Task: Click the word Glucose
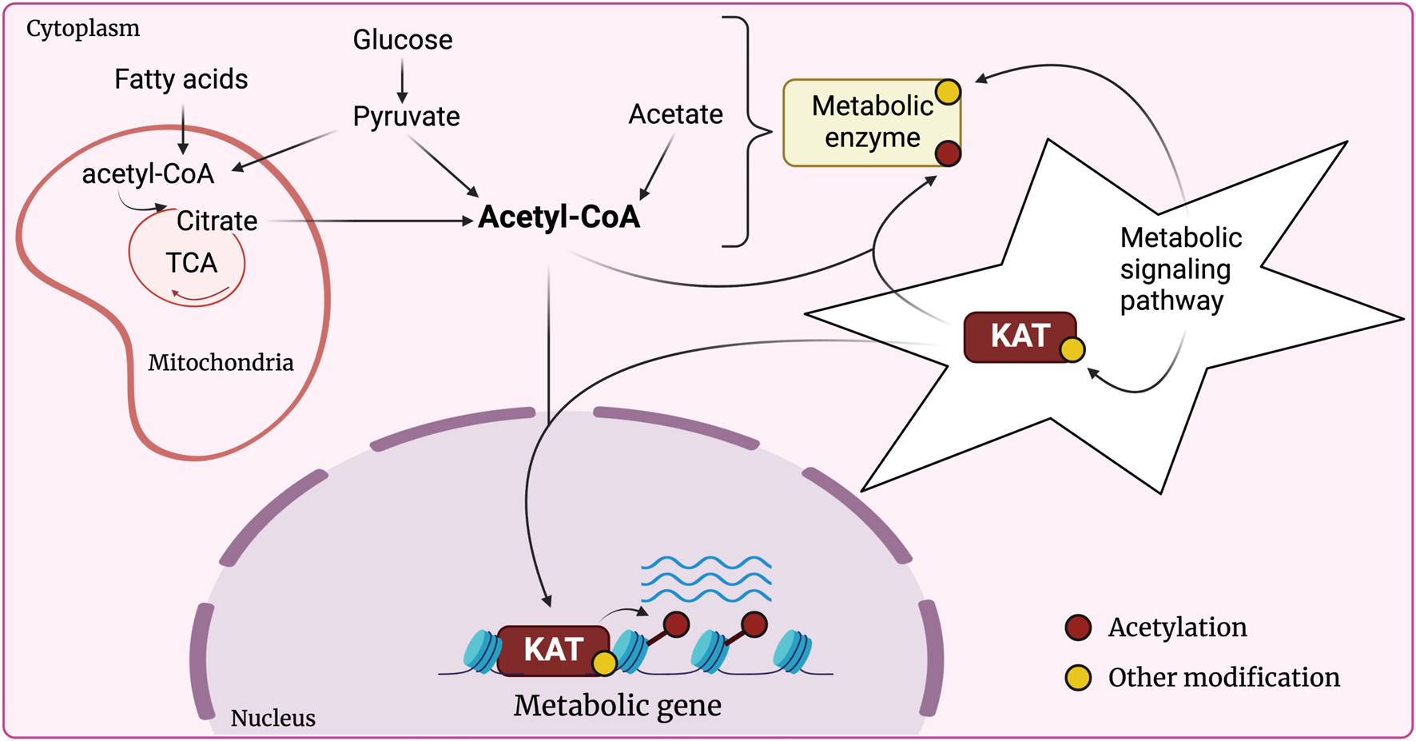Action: pos(403,40)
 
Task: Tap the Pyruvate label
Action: pos(406,117)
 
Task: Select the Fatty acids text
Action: pos(181,79)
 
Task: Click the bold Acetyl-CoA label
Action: pos(559,217)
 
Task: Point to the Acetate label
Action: pos(675,114)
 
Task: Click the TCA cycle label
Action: pos(191,263)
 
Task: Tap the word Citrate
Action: pos(217,221)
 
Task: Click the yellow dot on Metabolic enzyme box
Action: pos(948,92)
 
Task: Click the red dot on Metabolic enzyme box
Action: pos(948,153)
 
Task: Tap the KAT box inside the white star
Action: pos(1019,337)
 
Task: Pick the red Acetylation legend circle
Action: pos(1078,627)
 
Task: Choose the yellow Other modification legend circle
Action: pos(1078,678)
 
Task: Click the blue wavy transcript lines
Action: pos(706,580)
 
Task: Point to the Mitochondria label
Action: pos(221,363)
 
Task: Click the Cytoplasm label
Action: pos(82,29)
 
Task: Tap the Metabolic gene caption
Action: pos(617,706)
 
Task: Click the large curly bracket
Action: pos(750,132)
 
